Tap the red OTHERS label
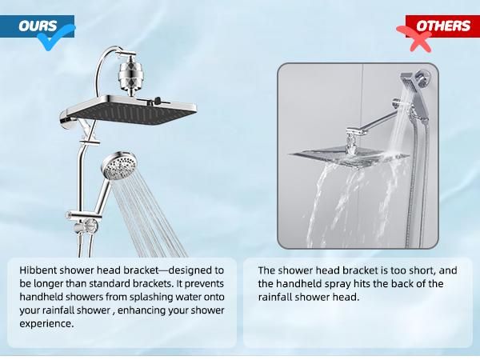point(439,26)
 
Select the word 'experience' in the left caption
point(49,323)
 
